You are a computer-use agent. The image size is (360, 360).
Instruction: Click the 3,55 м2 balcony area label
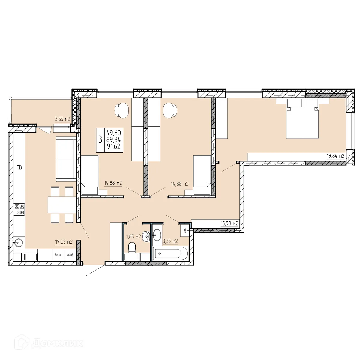[x=62, y=119]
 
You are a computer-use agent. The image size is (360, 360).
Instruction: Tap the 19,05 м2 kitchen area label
[x=64, y=241]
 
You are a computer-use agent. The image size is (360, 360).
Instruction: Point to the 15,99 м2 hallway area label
[x=229, y=223]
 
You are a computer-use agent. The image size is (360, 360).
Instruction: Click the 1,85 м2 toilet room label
[x=133, y=237]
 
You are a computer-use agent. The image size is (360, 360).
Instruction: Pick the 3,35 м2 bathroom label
[x=170, y=241]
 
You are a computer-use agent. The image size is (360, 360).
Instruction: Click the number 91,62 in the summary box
[x=113, y=147]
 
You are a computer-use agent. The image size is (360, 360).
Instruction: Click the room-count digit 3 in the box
[x=100, y=140]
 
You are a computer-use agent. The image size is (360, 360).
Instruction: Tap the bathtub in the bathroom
[x=170, y=253]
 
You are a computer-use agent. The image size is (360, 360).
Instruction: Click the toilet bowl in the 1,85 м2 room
[x=132, y=248]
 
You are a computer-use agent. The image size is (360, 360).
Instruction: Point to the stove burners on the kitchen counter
[x=19, y=209]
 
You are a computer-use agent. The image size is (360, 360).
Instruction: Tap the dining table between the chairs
[x=61, y=205]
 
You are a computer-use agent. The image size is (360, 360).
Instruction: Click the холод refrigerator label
[x=70, y=255]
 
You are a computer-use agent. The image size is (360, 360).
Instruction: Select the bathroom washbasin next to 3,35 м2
[x=157, y=234]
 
